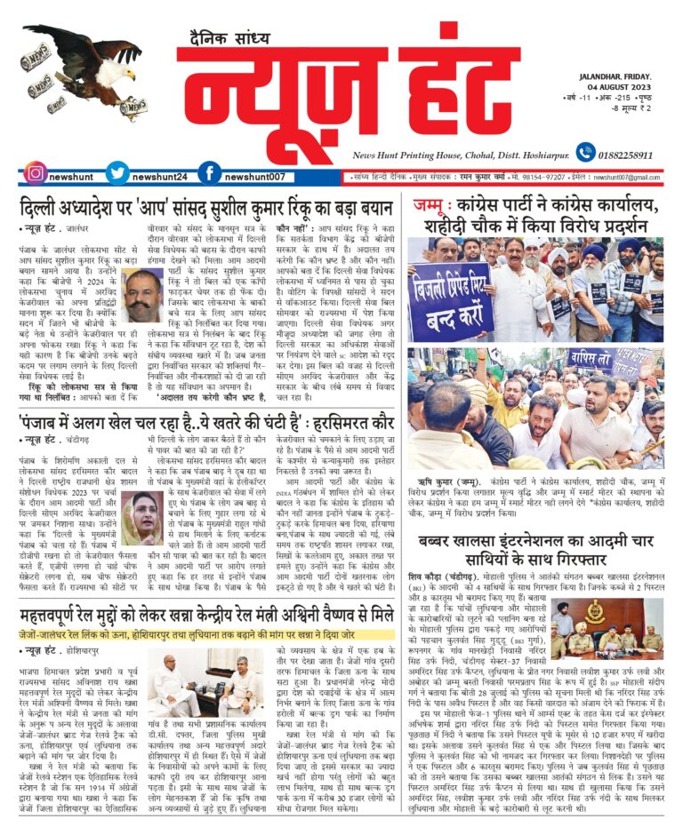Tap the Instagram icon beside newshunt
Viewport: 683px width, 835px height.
pyautogui.click(x=35, y=174)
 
